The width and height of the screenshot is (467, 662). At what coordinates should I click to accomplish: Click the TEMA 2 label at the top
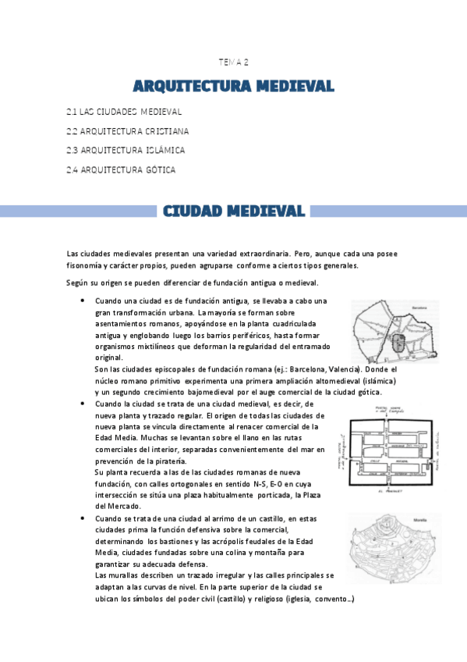(233, 62)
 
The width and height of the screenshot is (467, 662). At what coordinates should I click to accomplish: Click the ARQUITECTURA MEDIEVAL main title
(233, 84)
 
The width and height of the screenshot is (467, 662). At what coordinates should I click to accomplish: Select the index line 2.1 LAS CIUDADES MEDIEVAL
(124, 112)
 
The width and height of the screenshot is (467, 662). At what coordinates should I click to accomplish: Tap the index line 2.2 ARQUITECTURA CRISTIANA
(128, 131)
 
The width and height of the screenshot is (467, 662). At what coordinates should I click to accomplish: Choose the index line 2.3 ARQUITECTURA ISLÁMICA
(126, 151)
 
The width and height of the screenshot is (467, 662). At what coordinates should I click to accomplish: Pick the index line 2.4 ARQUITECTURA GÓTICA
(121, 169)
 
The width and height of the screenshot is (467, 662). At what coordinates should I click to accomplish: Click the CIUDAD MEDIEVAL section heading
(233, 211)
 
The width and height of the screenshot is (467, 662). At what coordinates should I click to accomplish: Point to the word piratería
(168, 461)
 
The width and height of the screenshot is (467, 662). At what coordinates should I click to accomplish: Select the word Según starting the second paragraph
(79, 283)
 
